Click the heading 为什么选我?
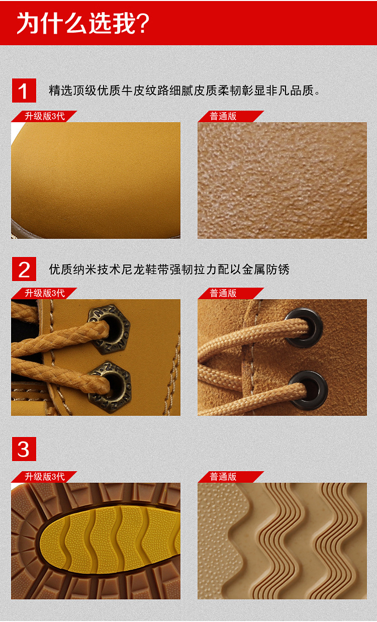83,23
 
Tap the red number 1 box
24,91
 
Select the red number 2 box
24,269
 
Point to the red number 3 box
24,449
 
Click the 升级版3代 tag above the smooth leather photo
44,116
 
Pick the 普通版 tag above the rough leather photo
224,116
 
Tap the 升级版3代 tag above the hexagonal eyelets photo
44,293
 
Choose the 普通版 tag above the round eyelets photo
224,293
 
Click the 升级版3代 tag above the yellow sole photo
44,477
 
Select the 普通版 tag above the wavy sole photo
224,477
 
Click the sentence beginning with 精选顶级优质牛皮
184,91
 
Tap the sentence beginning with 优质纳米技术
169,269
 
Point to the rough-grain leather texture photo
282,180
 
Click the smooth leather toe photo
96,180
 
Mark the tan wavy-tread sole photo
282,541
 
